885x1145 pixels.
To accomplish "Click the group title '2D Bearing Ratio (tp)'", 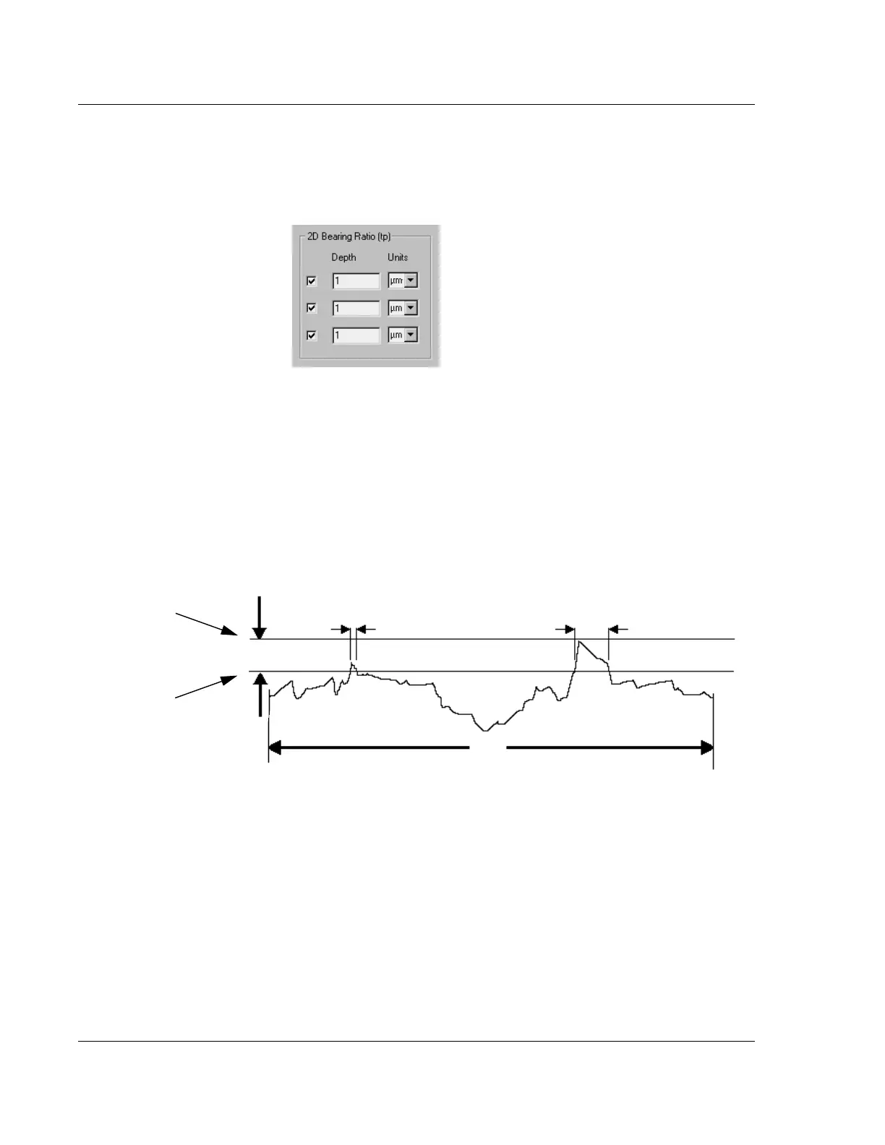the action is click(349, 236).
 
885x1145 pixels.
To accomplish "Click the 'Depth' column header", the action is click(343, 257).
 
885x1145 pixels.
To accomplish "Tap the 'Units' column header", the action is click(398, 257).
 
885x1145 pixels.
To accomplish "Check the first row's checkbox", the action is click(312, 280).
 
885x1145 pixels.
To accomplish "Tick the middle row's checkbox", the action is click(312, 308).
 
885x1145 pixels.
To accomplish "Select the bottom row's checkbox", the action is click(312, 335).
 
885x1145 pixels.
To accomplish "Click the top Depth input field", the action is click(356, 280).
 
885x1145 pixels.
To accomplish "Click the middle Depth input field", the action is click(356, 308).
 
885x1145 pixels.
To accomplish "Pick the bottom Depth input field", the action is click(356, 335).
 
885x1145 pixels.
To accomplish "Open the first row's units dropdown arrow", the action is click(411, 280).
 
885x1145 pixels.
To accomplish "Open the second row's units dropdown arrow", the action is click(411, 308).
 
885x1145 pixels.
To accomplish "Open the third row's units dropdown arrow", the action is click(411, 335).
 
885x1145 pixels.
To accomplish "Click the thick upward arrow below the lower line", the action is click(260, 694).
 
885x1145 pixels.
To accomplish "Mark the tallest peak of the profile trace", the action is click(578, 641).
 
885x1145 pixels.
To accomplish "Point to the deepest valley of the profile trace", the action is click(486, 730).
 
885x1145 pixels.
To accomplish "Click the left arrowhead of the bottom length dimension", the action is click(275, 748).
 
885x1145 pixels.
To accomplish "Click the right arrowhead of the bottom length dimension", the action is click(706, 748).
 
